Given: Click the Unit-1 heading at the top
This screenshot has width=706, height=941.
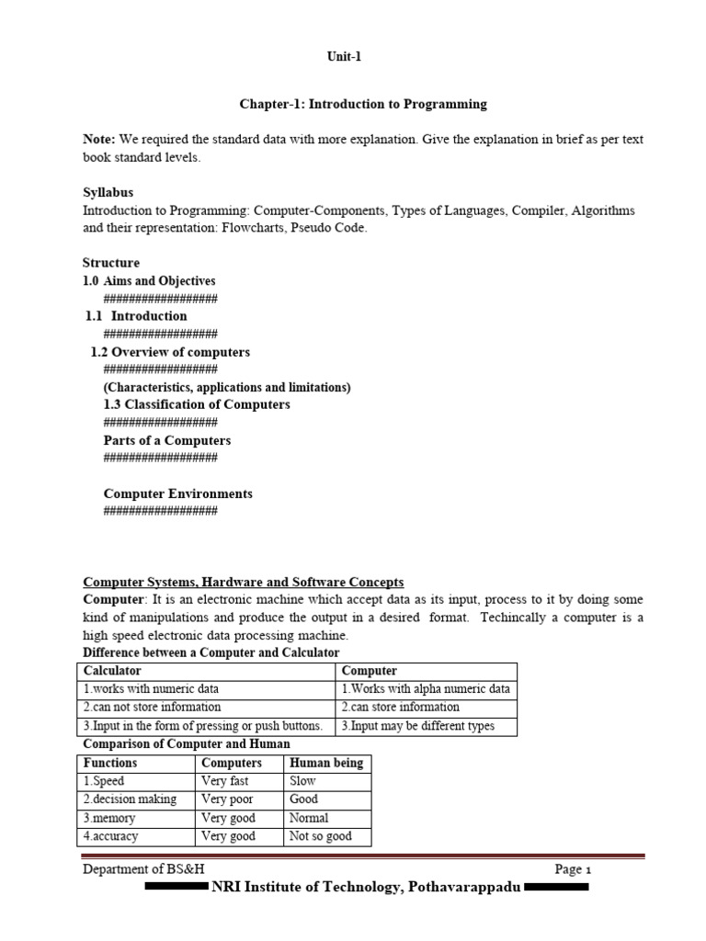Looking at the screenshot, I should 345,56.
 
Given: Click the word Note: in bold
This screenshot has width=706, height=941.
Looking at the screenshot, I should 100,140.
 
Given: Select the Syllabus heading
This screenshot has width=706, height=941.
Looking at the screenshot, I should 108,192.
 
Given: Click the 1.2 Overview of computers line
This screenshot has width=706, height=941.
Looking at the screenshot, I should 170,352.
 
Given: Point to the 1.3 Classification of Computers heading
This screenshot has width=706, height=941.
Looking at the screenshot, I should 197,404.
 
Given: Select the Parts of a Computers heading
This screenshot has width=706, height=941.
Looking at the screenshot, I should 167,440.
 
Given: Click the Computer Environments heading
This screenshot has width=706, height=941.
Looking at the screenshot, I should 177,493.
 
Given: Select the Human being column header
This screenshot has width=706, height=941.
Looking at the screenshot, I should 326,763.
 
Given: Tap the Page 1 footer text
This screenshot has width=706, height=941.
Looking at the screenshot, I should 574,869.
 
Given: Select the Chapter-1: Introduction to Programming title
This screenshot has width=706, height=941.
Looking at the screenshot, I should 363,104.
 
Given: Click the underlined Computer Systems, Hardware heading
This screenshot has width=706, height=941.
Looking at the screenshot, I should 243,582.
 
